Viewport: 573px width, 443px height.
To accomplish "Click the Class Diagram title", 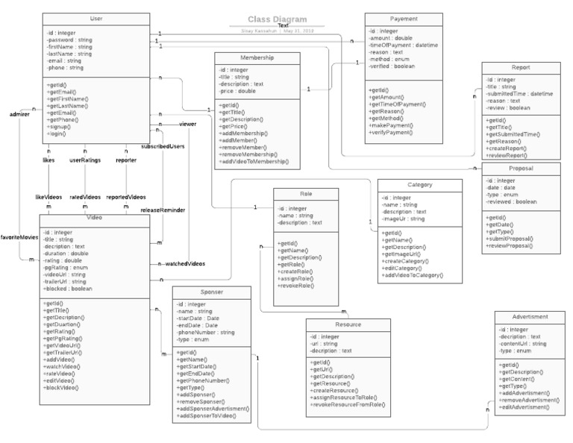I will (278, 19).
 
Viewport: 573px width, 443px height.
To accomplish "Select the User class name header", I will (95, 19).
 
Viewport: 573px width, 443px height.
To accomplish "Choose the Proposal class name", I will (520, 169).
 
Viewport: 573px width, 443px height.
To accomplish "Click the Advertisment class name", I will (531, 316).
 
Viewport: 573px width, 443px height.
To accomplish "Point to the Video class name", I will (94, 219).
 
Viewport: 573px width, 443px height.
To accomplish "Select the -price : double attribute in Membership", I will (238, 92).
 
